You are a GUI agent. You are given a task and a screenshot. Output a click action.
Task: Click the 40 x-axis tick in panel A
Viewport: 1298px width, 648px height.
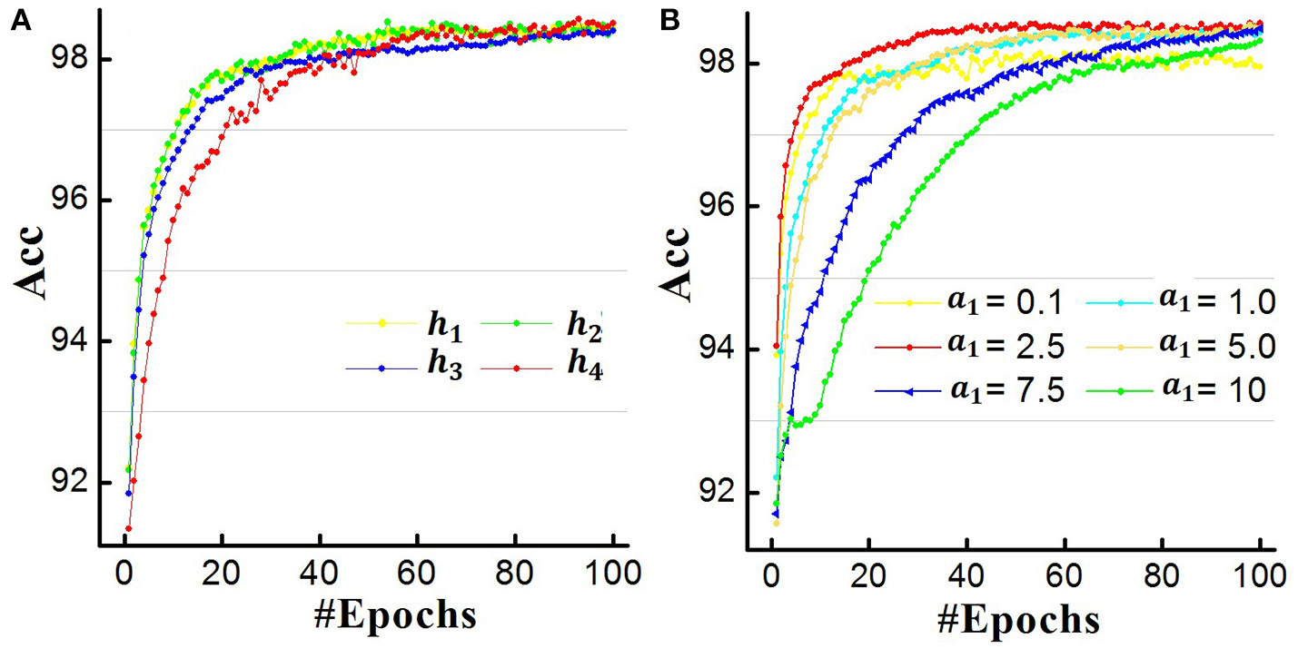[x=320, y=574]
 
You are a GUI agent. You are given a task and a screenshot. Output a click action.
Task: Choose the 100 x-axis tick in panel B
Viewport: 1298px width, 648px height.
[x=1261, y=576]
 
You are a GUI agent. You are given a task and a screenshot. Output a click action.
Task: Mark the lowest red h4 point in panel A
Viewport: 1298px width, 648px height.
[x=129, y=528]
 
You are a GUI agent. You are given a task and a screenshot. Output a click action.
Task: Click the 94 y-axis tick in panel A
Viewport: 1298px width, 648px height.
[x=70, y=341]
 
